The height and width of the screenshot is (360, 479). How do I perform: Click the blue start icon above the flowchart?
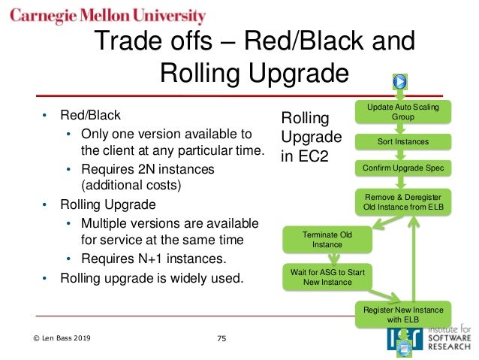[401, 81]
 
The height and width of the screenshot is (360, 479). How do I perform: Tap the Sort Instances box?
[402, 141]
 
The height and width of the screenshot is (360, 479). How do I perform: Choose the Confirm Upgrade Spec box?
[402, 168]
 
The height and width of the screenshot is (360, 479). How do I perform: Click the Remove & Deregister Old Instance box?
[402, 202]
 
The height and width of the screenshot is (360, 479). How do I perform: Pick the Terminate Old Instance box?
[327, 240]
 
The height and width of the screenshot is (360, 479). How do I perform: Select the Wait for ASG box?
[327, 277]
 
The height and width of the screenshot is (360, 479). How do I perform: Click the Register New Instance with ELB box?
[402, 315]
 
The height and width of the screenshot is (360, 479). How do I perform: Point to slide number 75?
[221, 339]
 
